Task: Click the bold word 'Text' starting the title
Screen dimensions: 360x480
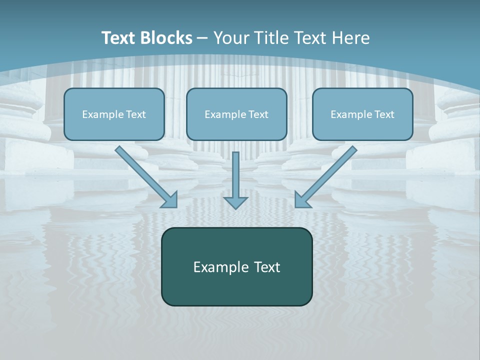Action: coord(119,38)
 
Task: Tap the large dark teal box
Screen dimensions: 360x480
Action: coord(236,290)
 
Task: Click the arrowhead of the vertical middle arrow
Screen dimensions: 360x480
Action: coord(235,202)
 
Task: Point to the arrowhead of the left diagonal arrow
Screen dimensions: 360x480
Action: coord(170,200)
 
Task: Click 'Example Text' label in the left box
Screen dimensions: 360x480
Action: coord(114,114)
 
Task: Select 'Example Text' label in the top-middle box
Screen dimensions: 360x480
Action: coord(236,114)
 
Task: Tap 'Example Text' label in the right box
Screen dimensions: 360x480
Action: coord(362,114)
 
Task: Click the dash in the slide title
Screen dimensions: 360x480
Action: coord(202,38)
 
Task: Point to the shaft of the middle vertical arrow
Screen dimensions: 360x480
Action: coord(235,172)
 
